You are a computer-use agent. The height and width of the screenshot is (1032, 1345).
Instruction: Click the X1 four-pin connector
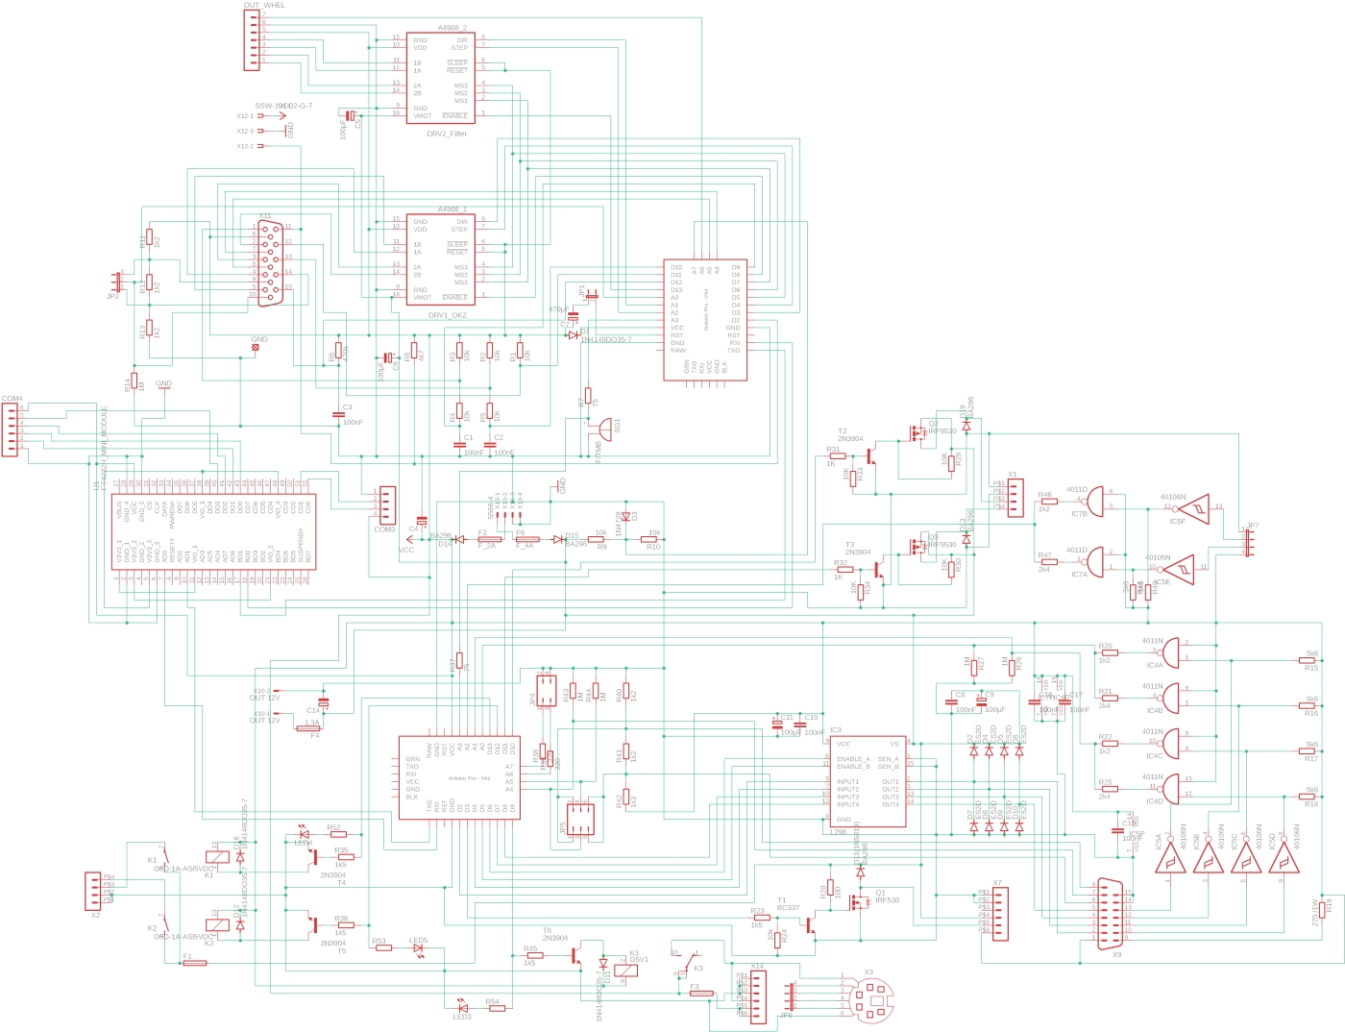(1015, 497)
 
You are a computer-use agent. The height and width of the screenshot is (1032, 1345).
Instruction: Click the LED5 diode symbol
(418, 948)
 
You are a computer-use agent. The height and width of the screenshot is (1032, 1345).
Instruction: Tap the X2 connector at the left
(93, 890)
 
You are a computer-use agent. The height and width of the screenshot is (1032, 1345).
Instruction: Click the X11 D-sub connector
(272, 263)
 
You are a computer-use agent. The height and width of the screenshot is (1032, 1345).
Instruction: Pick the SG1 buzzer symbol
(604, 429)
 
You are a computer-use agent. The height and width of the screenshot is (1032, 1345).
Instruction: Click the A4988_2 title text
(452, 28)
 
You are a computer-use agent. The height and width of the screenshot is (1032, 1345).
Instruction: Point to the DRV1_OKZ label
(448, 315)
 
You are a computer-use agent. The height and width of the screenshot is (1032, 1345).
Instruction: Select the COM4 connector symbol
(11, 430)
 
